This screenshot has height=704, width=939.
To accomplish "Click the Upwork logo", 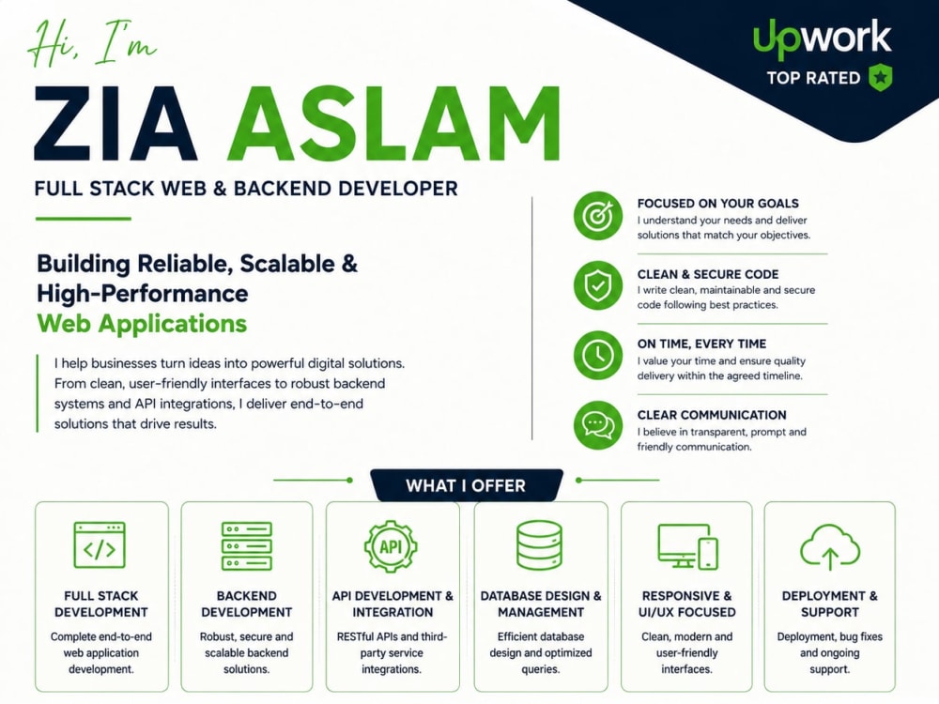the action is click(x=823, y=38).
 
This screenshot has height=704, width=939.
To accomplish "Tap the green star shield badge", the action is click(x=881, y=77).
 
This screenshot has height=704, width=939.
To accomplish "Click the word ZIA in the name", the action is click(x=115, y=124).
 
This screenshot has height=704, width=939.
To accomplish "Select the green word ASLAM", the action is click(x=393, y=124).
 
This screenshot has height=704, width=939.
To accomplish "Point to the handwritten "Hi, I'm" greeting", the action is click(x=93, y=44).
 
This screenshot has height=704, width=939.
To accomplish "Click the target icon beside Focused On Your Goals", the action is click(x=597, y=216).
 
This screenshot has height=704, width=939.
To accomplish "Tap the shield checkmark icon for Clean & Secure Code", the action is click(x=597, y=285).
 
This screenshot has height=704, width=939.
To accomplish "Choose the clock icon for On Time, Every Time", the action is click(x=597, y=355).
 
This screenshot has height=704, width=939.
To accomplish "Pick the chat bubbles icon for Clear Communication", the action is click(x=597, y=425).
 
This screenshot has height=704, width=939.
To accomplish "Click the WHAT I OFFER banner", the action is click(x=467, y=485).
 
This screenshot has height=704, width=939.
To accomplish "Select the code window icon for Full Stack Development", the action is click(x=100, y=544).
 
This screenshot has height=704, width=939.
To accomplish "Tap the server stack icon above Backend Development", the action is click(x=247, y=545).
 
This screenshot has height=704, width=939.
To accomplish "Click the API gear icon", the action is click(x=391, y=546).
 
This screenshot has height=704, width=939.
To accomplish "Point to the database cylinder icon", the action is click(x=539, y=544).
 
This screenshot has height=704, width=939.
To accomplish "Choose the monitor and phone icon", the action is click(x=687, y=546).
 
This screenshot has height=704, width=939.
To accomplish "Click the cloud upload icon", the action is click(x=830, y=546).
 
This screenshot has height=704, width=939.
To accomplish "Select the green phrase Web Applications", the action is click(x=142, y=324).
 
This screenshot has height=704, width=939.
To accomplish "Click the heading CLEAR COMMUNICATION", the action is click(x=712, y=415).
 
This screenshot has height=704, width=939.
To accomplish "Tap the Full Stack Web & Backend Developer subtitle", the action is click(x=246, y=189).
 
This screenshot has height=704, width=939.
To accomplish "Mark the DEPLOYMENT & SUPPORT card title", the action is click(x=829, y=604).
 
